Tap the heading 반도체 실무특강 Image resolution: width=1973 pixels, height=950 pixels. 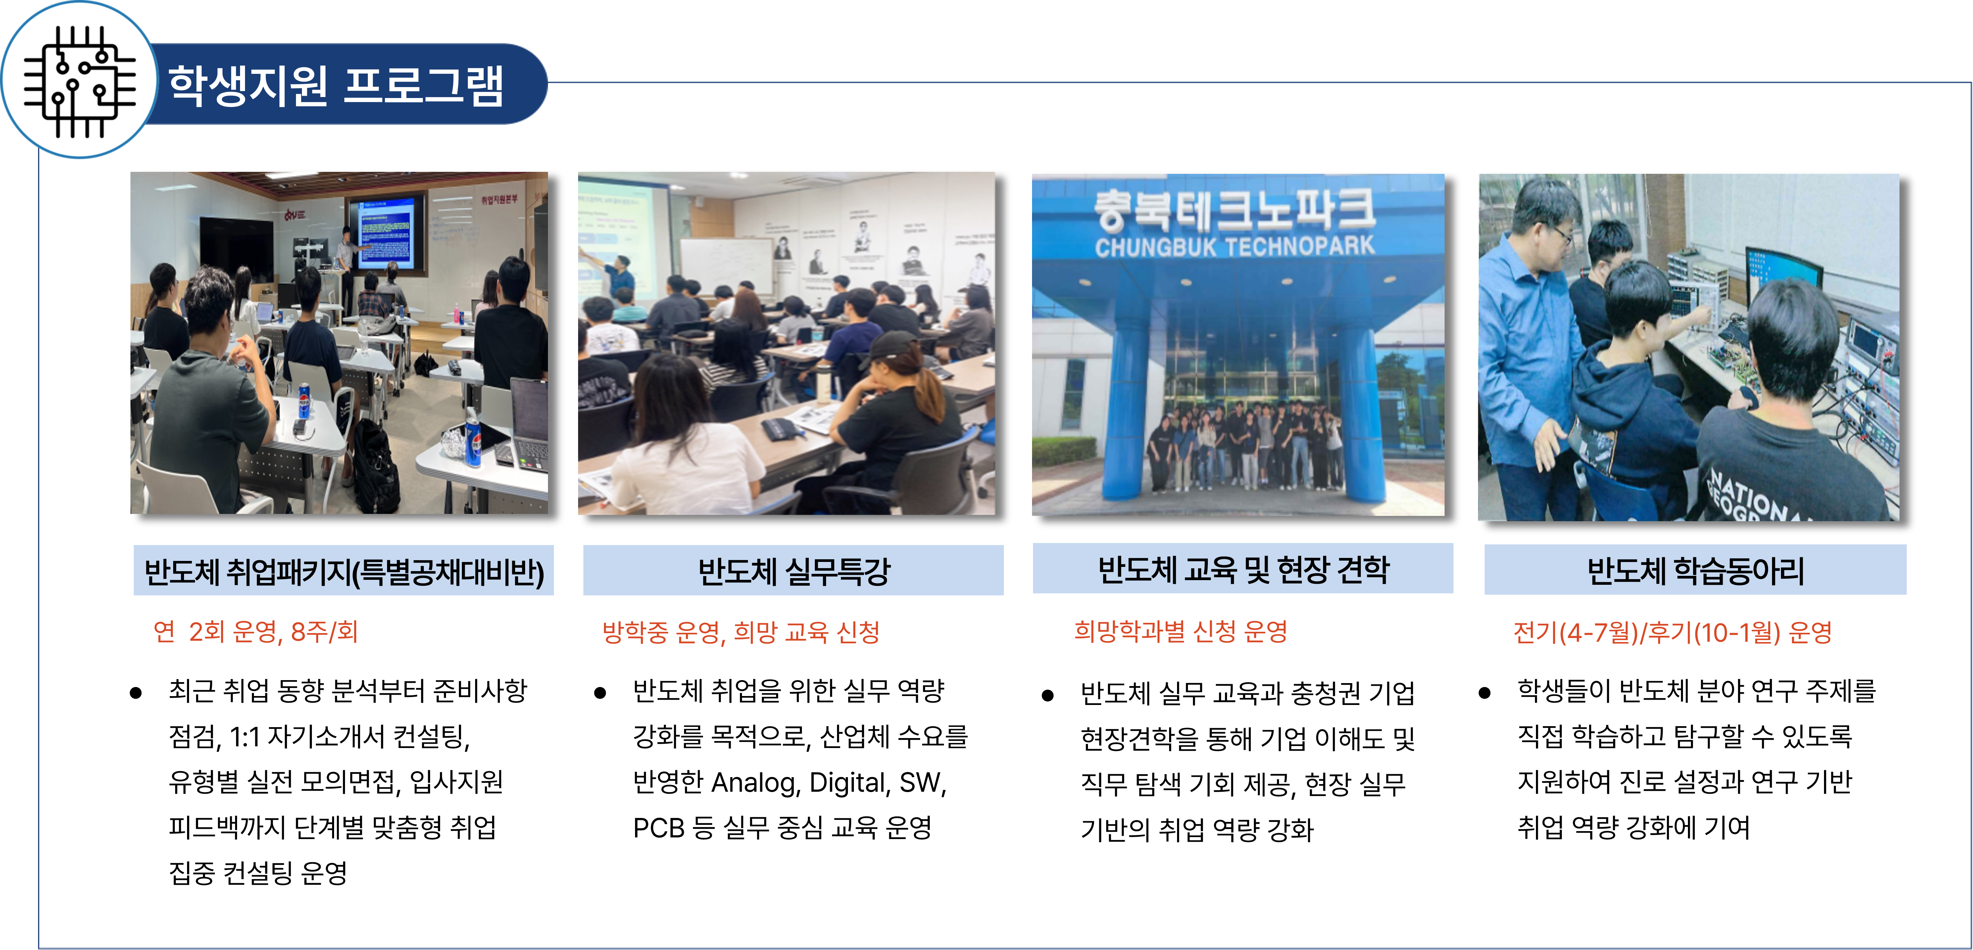pos(794,571)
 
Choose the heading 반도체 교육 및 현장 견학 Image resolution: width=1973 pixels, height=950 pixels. pos(1243,569)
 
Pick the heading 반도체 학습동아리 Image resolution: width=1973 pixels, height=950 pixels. pos(1695,571)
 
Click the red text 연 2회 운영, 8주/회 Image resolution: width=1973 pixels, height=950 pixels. pos(256,631)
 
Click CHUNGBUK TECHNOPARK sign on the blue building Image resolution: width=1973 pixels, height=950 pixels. pos(1235,246)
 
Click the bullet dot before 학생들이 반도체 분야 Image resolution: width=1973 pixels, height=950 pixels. pos(1484,693)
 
